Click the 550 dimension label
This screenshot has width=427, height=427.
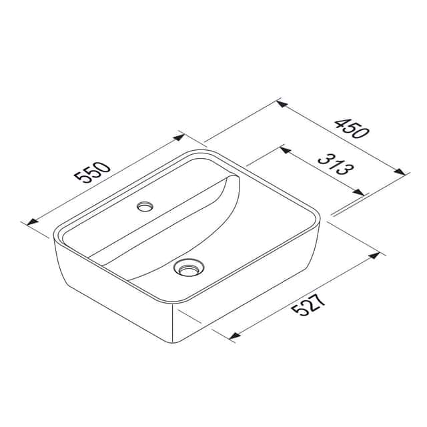click(x=93, y=172)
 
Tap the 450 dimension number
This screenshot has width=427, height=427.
click(x=352, y=128)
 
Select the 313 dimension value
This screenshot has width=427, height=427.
click(x=336, y=165)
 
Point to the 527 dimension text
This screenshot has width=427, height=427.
click(x=308, y=302)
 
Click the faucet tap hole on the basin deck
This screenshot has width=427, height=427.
click(x=145, y=206)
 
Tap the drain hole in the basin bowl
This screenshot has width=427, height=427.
click(x=188, y=268)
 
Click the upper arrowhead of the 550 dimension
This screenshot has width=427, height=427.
click(x=179, y=137)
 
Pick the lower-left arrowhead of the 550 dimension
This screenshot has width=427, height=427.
click(x=33, y=222)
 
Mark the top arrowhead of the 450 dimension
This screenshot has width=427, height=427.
click(x=282, y=104)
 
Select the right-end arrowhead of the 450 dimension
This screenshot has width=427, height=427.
click(x=400, y=172)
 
